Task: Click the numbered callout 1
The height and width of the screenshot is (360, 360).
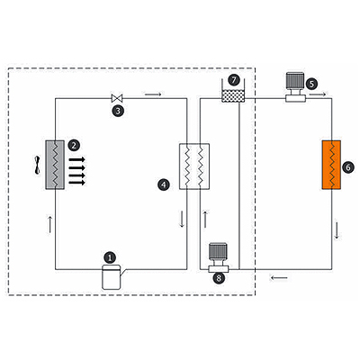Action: tap(110, 257)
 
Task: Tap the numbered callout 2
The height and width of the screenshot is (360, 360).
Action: tap(74, 146)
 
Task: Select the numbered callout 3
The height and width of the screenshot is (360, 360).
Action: tap(118, 111)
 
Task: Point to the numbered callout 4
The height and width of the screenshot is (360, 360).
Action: tap(164, 184)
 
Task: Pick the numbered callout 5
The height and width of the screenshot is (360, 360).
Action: tap(311, 84)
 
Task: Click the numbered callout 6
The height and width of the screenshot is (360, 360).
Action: tap(348, 167)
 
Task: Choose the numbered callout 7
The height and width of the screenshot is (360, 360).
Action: tap(234, 80)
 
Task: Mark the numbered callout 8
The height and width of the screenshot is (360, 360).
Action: tap(219, 278)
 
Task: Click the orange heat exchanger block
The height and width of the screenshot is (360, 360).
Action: tap(331, 165)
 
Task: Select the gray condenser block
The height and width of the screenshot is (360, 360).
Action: tap(55, 165)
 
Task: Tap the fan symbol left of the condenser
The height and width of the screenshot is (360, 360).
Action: tap(37, 165)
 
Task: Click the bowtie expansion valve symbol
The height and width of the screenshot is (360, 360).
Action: tap(117, 98)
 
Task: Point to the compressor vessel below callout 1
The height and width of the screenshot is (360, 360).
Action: tap(112, 277)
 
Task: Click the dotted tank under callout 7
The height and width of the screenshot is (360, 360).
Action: tap(233, 96)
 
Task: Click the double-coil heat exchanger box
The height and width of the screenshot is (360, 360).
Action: tap(194, 166)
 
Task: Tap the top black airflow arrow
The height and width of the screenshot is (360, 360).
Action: tap(77, 159)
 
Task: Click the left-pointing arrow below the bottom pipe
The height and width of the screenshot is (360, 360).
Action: tap(279, 278)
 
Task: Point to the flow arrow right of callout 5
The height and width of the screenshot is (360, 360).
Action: tap(318, 94)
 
